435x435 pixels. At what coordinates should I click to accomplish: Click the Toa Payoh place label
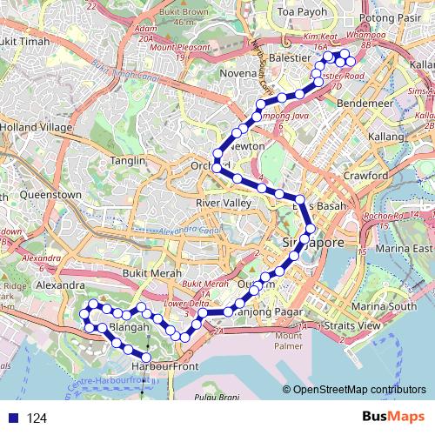point(298,12)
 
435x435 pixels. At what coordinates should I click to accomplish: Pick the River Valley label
point(223,203)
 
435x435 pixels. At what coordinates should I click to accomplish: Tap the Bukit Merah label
point(144,271)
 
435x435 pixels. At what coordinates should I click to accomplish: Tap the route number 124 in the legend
point(37,418)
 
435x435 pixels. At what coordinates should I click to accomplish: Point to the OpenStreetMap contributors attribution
point(358,389)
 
